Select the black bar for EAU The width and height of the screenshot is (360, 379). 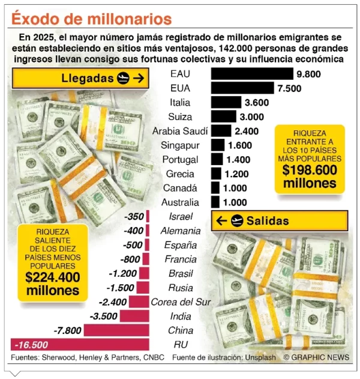[251, 74]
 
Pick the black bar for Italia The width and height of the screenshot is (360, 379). [226, 102]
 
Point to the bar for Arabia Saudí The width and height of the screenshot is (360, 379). [221, 131]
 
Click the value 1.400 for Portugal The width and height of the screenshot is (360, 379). [240, 160]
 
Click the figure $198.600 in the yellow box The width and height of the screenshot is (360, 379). [310, 169]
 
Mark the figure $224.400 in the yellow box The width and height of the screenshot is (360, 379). [52, 277]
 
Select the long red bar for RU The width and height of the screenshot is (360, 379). [80, 344]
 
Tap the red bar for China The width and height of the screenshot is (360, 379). [116, 330]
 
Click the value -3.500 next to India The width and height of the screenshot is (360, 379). [103, 316]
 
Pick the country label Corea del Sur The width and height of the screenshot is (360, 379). [181, 302]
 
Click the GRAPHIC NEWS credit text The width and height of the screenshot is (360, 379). [316, 357]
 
